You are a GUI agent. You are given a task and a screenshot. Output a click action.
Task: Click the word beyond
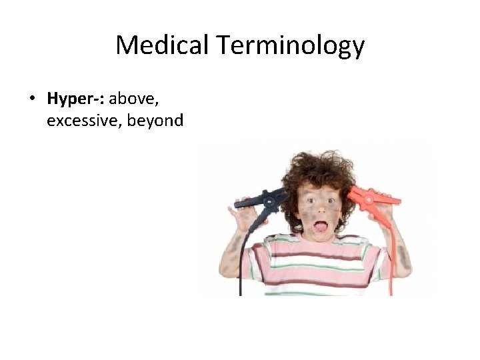point(154,121)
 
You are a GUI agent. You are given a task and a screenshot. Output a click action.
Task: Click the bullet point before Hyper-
point(31,100)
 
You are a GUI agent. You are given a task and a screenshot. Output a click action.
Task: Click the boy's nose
point(321,211)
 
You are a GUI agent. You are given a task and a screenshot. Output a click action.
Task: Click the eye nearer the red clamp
point(331,201)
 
